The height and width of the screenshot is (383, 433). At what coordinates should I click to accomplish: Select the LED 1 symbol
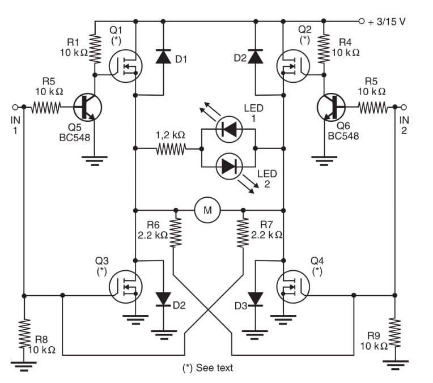(x=230, y=130)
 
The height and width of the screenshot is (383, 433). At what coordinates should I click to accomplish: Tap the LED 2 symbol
(x=230, y=166)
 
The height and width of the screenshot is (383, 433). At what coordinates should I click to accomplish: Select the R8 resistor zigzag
(x=24, y=335)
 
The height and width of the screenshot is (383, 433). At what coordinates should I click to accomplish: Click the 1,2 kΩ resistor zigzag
(x=171, y=149)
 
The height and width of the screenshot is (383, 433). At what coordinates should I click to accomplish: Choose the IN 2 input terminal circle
(x=403, y=107)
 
